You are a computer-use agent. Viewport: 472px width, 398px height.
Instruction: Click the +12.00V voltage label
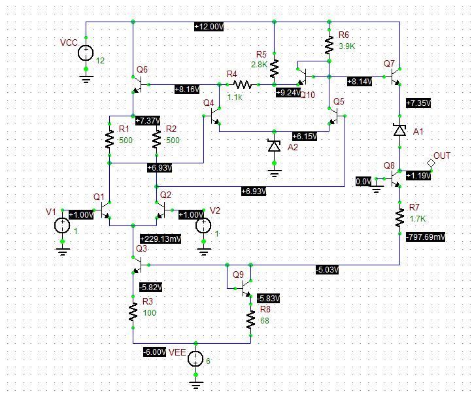coord(209,27)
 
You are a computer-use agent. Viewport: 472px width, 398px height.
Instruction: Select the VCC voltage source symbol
coord(85,53)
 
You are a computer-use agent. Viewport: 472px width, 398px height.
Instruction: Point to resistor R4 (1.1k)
coord(242,84)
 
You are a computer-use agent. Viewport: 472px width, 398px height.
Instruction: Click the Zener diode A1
coord(399,130)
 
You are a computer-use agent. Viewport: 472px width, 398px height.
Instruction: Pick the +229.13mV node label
coord(160,239)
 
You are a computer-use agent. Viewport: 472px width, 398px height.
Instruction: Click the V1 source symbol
coord(62,225)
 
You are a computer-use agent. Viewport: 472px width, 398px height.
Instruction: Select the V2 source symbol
coord(203,225)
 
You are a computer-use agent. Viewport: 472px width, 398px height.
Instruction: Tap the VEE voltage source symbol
coord(195,359)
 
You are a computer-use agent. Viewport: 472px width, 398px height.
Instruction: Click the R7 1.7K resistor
coord(399,218)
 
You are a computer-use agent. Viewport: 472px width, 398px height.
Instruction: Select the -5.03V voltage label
coord(327,269)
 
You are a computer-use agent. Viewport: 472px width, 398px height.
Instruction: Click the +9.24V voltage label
coord(288,93)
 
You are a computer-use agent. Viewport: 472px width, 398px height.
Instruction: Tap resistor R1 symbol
coord(109,139)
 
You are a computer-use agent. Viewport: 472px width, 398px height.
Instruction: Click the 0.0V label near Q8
coord(363,181)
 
